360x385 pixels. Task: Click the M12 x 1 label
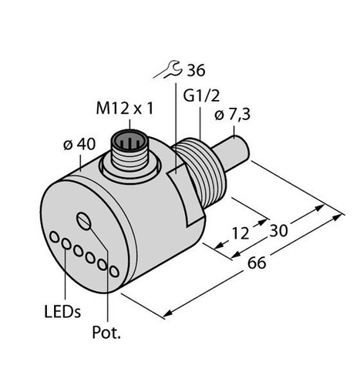pos(124,109)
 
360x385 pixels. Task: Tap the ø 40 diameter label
pos(79,144)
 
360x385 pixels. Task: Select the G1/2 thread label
pos(201,96)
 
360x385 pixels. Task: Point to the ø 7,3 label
pos(232,115)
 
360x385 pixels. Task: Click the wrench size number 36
pos(196,70)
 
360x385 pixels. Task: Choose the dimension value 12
pos(241,233)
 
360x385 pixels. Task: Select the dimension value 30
pos(278,230)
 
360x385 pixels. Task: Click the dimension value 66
pos(257,263)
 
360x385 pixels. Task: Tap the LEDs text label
pos(62,311)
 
